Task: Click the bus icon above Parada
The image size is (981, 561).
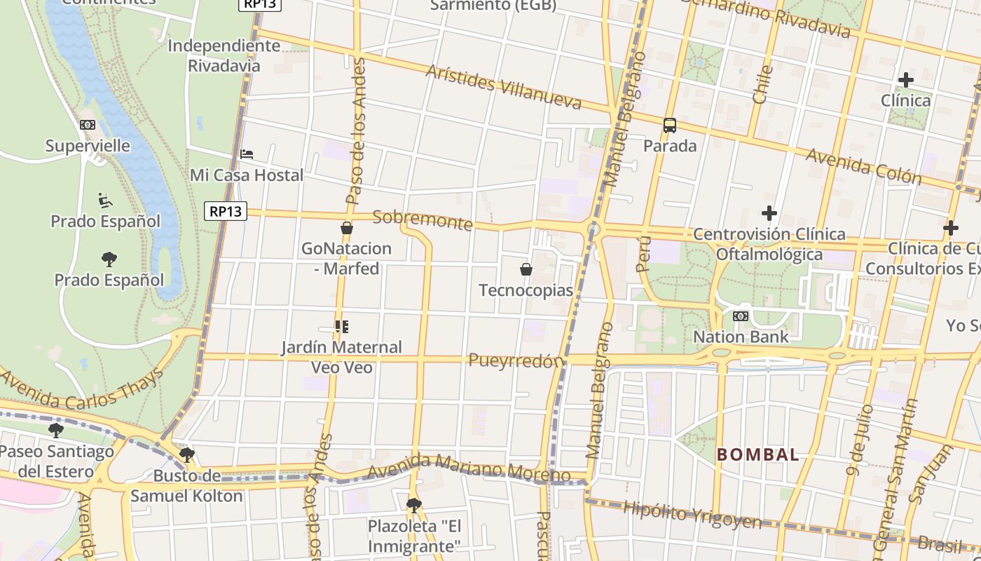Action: (x=670, y=126)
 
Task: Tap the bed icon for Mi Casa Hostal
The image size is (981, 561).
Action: (x=247, y=154)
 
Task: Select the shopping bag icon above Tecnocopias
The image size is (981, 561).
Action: (x=526, y=269)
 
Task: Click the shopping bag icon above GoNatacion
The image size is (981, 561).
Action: (x=346, y=228)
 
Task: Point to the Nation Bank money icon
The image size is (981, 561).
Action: (x=741, y=316)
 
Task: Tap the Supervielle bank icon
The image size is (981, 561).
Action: (x=88, y=125)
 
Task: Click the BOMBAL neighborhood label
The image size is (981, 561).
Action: (x=757, y=454)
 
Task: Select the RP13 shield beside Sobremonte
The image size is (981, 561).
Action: (x=226, y=210)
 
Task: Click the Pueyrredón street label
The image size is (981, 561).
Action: (x=516, y=361)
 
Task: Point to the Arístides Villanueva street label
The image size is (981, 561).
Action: (x=503, y=87)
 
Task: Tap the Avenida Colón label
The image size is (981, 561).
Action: (x=863, y=166)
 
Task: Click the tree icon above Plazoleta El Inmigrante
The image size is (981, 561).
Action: (x=414, y=505)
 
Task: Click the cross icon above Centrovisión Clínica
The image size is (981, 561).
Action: (x=769, y=212)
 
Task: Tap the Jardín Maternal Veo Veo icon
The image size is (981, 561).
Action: (x=342, y=327)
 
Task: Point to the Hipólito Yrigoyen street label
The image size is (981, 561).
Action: (x=692, y=515)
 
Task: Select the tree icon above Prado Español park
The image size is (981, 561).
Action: (x=109, y=259)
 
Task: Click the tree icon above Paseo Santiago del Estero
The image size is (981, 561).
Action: (x=56, y=431)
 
